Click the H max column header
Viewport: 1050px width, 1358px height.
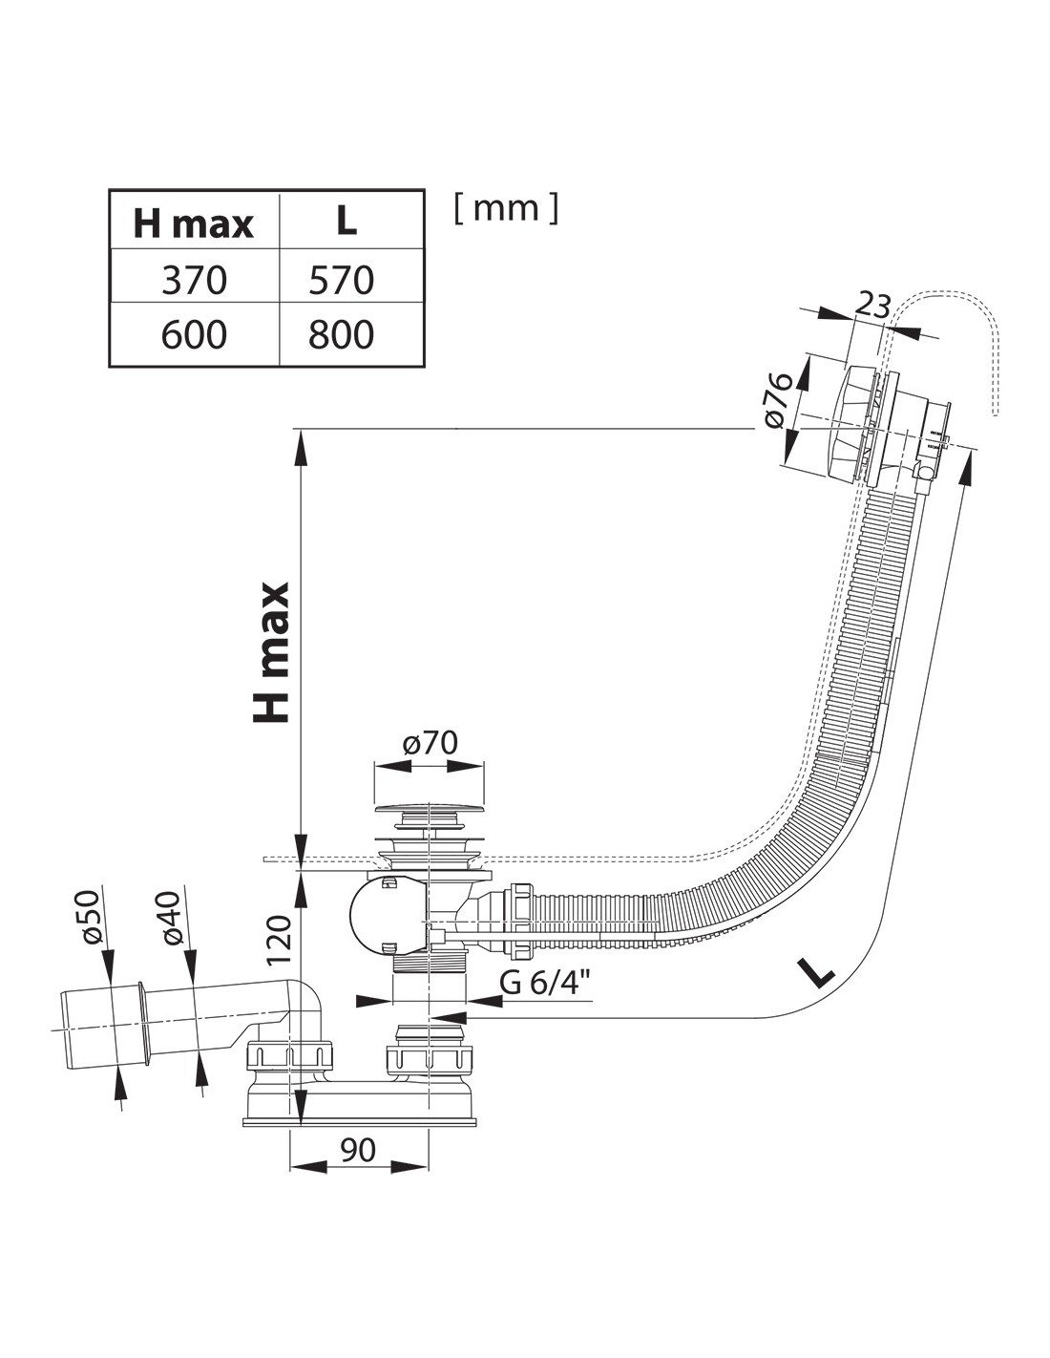(194, 224)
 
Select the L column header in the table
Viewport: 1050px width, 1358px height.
(346, 222)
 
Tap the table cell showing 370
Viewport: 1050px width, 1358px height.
(194, 280)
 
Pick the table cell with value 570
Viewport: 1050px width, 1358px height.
(342, 280)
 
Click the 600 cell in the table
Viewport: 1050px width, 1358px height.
(194, 334)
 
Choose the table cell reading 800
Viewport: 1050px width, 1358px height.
(342, 334)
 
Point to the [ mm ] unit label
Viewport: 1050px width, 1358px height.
(506, 207)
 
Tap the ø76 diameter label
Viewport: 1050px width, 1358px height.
(778, 401)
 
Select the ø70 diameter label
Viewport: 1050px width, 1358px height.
(430, 743)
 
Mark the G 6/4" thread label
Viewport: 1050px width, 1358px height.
(544, 982)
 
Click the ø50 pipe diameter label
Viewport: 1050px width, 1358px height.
(91, 917)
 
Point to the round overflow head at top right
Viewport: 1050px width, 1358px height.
(864, 420)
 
